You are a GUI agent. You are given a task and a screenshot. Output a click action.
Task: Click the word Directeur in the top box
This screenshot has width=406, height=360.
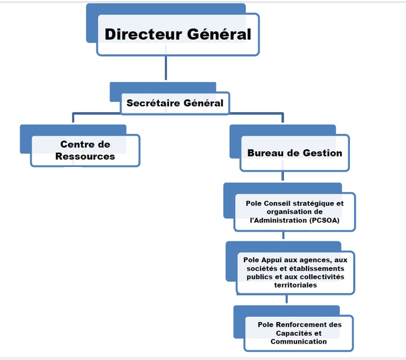tap(139, 34)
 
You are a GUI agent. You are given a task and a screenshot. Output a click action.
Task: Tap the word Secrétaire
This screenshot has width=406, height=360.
tap(150, 103)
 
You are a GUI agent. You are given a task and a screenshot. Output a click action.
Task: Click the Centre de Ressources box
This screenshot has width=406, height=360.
tap(85, 151)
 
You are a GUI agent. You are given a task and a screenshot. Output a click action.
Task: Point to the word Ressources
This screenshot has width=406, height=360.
tap(85, 156)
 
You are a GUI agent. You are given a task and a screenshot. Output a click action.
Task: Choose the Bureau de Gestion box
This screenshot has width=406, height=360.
tap(294, 153)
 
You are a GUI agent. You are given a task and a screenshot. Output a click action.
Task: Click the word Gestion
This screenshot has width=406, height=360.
tap(322, 153)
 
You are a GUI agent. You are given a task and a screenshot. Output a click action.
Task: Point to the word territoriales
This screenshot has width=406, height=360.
tap(296, 285)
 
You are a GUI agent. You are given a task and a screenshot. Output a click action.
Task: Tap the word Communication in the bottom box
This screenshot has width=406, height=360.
tap(298, 341)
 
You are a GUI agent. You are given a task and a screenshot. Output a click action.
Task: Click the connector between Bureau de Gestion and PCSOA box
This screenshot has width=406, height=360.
tap(283, 177)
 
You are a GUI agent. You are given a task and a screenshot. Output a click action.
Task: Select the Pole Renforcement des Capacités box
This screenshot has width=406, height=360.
tap(299, 333)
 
